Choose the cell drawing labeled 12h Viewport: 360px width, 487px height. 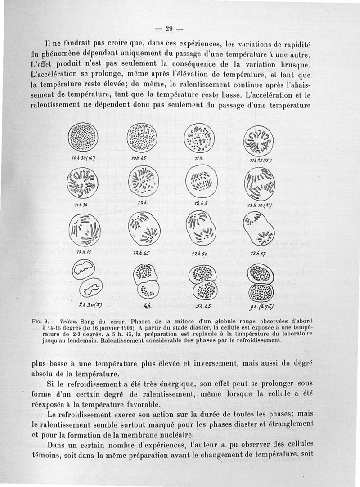pos(143,180)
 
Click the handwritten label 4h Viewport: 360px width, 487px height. pos(146,306)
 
